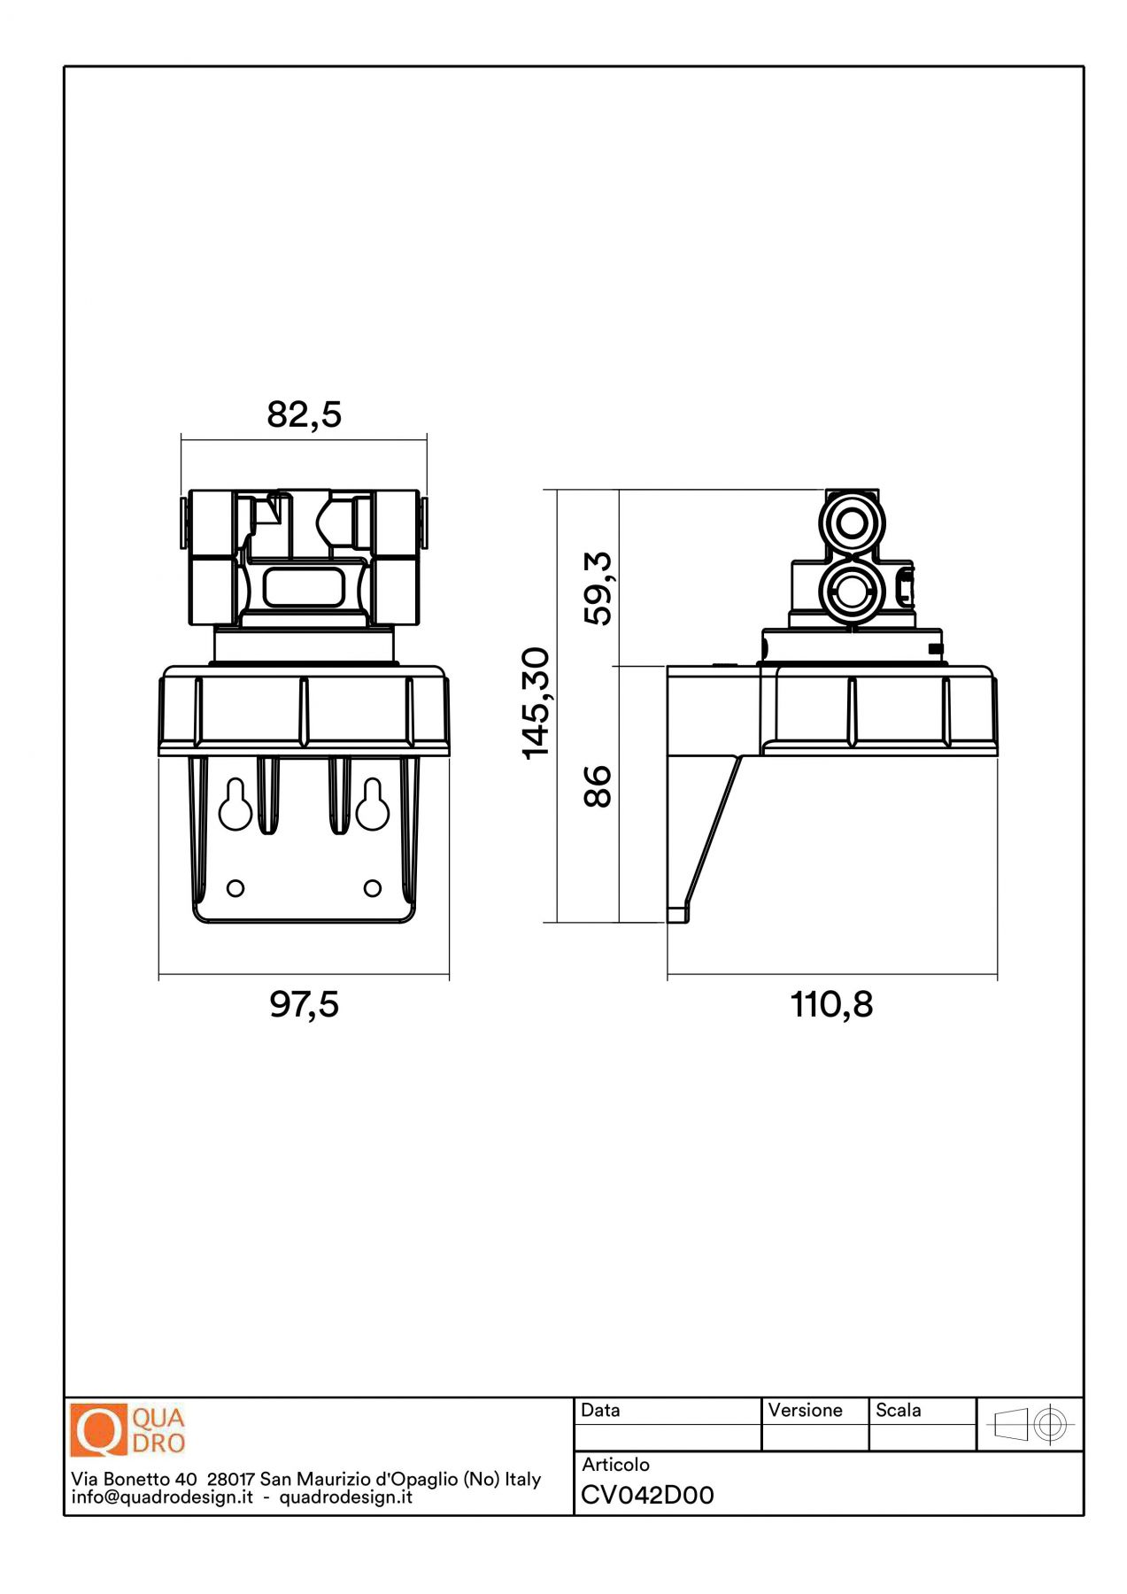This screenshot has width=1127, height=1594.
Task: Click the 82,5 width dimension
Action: pos(304,414)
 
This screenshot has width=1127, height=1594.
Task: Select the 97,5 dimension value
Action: pos(304,1004)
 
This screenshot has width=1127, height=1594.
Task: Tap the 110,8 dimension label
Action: pos(831,1004)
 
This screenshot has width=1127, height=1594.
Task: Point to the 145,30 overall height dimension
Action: pos(536,703)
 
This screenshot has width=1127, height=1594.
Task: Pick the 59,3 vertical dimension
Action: pos(598,588)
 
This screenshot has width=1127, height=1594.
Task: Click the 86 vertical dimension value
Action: pos(598,786)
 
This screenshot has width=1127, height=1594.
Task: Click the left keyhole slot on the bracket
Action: pos(235,804)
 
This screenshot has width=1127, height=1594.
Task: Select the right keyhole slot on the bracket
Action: pos(373,804)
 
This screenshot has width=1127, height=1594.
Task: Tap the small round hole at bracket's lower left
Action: pos(235,887)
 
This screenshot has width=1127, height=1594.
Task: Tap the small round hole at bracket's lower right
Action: pos(373,887)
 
